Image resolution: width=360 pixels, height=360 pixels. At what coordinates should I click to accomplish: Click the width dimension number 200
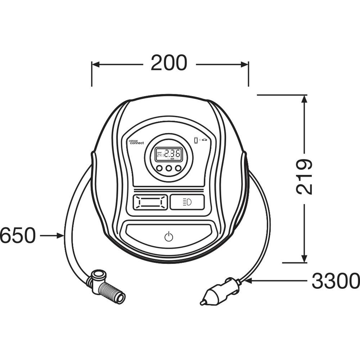point(169,63)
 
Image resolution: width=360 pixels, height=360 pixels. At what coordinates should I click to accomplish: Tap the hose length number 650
point(17,236)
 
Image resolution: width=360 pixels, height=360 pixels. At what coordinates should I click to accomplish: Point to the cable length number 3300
point(336,281)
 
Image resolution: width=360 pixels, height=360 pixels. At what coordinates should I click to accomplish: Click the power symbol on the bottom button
point(168,237)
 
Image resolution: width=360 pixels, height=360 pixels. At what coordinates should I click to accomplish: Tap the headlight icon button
point(187,202)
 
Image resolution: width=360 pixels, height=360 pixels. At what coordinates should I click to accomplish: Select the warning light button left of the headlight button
point(150,202)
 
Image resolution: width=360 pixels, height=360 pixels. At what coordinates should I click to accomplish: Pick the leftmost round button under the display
point(159,168)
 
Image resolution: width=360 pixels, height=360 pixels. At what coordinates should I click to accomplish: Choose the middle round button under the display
point(168,168)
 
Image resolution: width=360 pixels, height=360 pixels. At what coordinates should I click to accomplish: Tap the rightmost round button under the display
point(178,168)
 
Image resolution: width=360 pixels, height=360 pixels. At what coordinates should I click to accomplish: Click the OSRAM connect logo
point(136,142)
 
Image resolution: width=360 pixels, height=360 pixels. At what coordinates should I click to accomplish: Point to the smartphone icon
point(196,140)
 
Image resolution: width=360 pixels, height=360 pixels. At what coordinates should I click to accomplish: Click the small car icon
point(205,140)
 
